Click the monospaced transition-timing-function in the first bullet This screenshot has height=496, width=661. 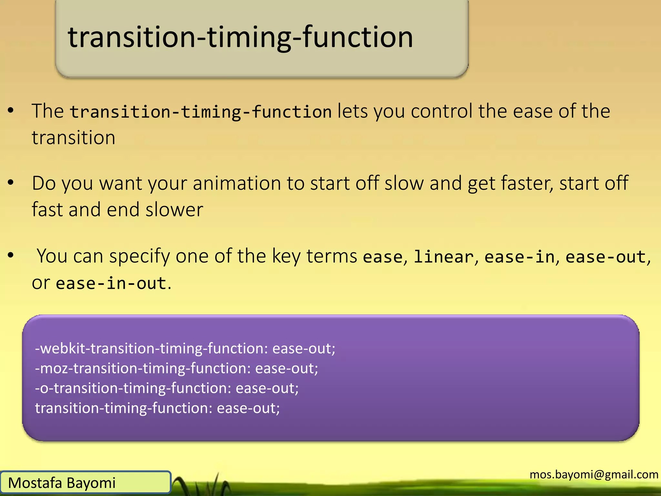click(201, 112)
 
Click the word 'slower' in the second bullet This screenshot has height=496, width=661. click(174, 210)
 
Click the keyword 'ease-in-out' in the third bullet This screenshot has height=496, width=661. click(111, 284)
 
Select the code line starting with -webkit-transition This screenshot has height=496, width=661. click(185, 348)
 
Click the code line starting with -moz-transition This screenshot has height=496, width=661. click(176, 368)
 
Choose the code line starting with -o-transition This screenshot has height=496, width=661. click(167, 388)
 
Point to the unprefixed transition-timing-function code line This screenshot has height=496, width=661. click(157, 408)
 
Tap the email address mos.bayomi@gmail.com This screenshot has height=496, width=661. click(594, 474)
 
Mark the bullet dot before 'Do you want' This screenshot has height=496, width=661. click(11, 183)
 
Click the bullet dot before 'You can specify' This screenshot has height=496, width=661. click(11, 255)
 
